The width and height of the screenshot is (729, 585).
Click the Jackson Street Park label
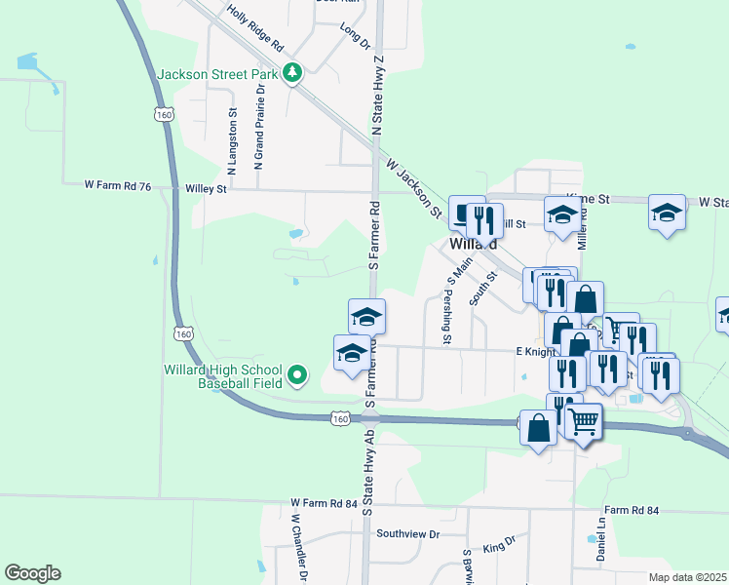pyautogui.click(x=217, y=73)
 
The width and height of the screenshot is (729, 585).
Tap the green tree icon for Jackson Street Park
pyautogui.click(x=291, y=73)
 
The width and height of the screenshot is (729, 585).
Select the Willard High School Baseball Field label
pyautogui.click(x=223, y=377)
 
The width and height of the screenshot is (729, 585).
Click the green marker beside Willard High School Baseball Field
pyautogui.click(x=298, y=373)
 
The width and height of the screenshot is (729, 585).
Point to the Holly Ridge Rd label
pyautogui.click(x=254, y=29)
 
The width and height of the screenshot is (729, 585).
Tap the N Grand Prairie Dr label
pyautogui.click(x=259, y=127)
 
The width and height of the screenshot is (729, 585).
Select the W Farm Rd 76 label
pyautogui.click(x=118, y=183)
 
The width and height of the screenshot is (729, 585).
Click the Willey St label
pyautogui.click(x=207, y=189)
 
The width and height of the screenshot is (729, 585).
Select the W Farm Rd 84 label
pyautogui.click(x=324, y=503)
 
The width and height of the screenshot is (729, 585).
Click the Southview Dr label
pyautogui.click(x=409, y=534)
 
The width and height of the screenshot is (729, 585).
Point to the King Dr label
pyautogui.click(x=499, y=544)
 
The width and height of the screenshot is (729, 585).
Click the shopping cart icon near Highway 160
pyautogui.click(x=583, y=422)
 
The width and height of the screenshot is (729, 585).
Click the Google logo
pyautogui.click(x=32, y=573)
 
